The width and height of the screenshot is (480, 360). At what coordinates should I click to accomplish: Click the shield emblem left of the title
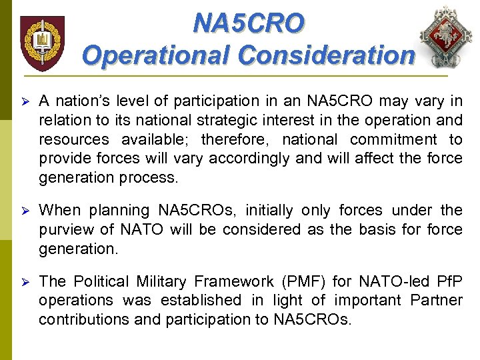pyautogui.click(x=43, y=43)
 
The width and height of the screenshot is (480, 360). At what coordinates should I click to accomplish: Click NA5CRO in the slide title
pyautogui.click(x=249, y=23)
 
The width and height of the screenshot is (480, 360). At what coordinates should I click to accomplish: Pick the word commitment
pyautogui.click(x=394, y=139)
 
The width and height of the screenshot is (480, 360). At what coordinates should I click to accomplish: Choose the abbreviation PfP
pyautogui.click(x=448, y=281)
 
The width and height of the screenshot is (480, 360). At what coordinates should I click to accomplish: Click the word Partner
pyautogui.click(x=437, y=300)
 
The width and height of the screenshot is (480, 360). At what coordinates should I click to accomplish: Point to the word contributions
pyautogui.click(x=83, y=319)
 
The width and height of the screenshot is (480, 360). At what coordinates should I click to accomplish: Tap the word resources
pyautogui.click(x=73, y=139)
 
